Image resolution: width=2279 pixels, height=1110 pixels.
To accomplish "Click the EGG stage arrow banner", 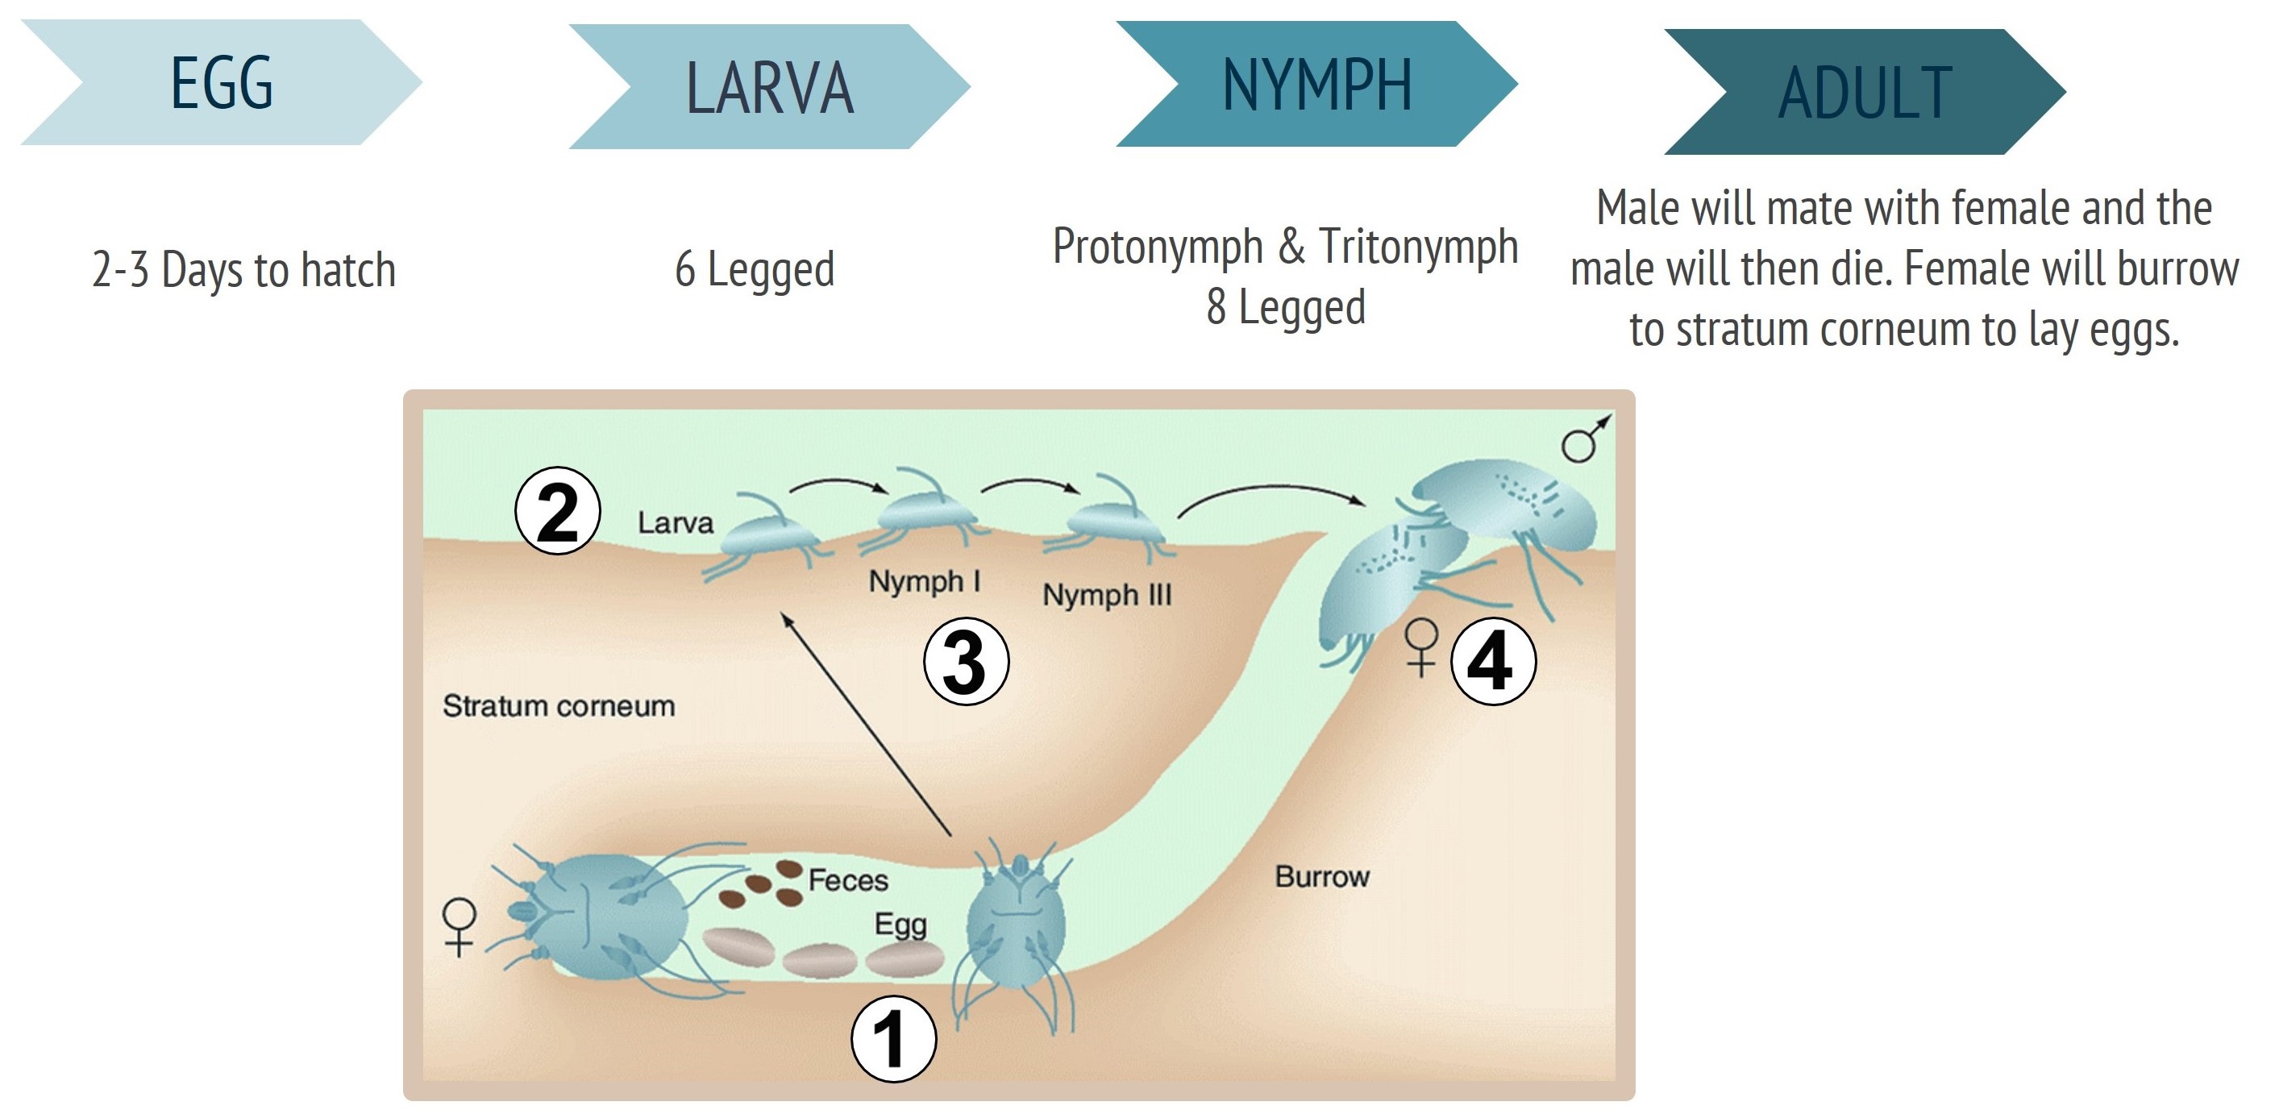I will [x=221, y=82].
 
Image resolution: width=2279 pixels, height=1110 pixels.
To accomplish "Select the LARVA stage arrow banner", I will [x=770, y=87].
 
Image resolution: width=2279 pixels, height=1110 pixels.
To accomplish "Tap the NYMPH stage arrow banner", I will [x=1316, y=84].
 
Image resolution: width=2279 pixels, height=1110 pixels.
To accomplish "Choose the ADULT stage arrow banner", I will [x=1865, y=92].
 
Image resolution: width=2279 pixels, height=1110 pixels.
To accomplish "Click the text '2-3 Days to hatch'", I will [x=243, y=270].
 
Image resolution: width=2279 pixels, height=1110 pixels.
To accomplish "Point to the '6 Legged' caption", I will [x=755, y=270].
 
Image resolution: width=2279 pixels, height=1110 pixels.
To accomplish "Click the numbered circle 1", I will [x=892, y=1040].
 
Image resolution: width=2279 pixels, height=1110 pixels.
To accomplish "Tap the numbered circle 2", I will [x=557, y=511].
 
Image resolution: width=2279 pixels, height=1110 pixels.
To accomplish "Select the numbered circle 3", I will [x=966, y=662].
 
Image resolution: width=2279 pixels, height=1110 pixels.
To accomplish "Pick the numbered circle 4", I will [x=1493, y=662].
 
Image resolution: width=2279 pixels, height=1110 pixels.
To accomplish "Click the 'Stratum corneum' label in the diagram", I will [x=558, y=706].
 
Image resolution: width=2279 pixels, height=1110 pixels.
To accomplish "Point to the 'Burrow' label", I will [x=1322, y=876].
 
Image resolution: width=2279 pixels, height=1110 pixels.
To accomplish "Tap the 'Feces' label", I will [x=847, y=880].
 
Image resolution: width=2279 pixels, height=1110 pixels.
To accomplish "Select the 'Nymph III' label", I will [x=1107, y=594].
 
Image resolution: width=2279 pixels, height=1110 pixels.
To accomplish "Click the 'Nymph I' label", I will [x=924, y=581].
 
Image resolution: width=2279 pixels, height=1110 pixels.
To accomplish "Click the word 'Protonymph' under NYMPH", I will [x=1157, y=246].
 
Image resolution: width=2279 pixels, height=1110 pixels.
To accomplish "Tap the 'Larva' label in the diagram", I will [x=675, y=522].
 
